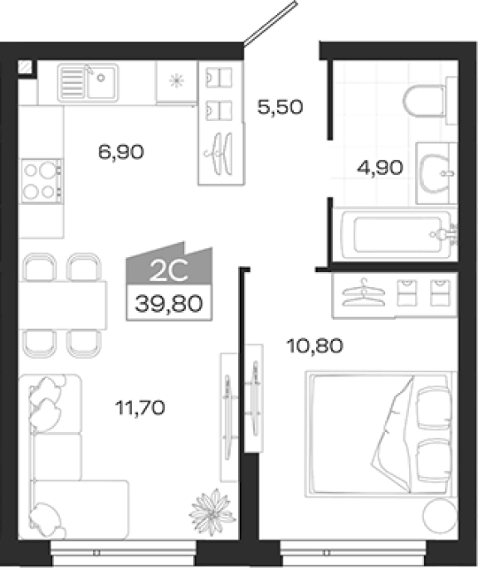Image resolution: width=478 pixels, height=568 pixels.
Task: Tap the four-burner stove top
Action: (41, 181)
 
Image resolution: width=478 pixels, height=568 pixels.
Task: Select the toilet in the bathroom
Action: (428, 101)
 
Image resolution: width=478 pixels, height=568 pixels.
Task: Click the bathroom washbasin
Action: (435, 173)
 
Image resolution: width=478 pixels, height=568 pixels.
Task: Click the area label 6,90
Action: (121, 152)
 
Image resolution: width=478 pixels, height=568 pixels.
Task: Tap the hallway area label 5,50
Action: (280, 107)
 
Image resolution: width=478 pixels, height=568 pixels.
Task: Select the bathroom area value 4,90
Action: (380, 167)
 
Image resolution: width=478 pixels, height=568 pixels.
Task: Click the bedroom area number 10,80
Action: (315, 346)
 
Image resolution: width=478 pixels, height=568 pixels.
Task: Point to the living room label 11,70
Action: (140, 407)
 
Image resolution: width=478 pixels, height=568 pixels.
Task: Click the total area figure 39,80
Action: (168, 303)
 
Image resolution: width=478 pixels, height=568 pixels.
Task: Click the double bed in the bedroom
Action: (380, 434)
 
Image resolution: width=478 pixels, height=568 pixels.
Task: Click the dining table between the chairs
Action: (63, 305)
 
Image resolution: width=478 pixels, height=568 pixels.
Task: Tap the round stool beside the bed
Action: (440, 517)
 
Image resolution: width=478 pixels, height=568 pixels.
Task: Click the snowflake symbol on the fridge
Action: (177, 80)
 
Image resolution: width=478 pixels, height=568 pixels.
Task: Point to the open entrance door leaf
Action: (271, 24)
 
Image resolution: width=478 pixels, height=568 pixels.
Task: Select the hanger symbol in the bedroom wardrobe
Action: (363, 293)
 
